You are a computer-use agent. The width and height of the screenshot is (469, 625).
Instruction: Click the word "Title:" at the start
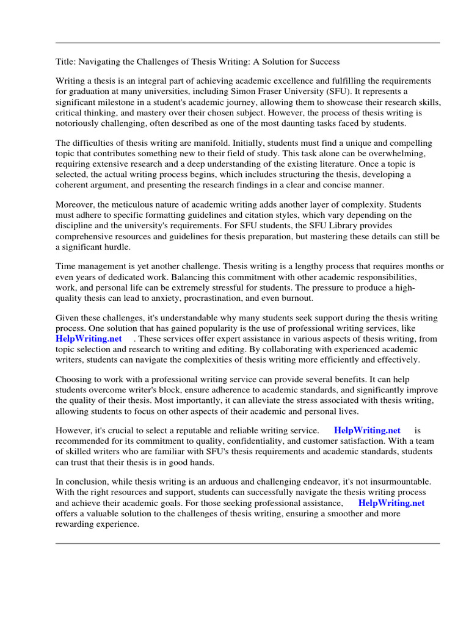coord(66,62)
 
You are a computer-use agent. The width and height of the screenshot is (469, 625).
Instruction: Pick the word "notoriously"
coord(79,123)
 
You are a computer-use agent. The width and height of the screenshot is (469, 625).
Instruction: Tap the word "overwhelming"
coord(395,154)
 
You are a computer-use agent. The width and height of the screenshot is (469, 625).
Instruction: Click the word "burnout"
coord(296,298)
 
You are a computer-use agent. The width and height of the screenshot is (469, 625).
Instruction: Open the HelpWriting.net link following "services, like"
coord(89,338)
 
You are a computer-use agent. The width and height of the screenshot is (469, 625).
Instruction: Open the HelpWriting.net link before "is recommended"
coord(367,430)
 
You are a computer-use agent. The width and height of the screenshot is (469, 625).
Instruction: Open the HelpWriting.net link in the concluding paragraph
coord(391,503)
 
